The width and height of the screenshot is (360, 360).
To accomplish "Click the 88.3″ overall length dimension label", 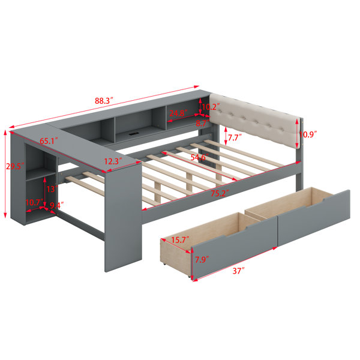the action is tap(104, 101).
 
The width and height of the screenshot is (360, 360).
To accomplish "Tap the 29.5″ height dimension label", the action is tap(15, 166).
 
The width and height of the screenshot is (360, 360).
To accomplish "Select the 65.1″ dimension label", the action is tap(49, 141).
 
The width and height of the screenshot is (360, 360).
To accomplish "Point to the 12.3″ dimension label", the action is tap(113, 161).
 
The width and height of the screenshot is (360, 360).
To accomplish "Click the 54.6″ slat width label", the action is tap(200, 157).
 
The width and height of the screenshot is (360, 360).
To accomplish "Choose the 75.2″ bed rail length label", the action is tap(220, 194).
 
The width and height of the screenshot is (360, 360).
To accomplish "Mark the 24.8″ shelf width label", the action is tap(178, 113).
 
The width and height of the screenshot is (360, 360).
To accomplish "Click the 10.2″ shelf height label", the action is tap(211, 107).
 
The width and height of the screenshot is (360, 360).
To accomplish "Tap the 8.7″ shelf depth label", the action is tap(202, 123).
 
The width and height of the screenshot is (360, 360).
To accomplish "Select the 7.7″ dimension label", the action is tap(235, 137).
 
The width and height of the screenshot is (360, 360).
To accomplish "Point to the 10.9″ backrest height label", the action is tap(308, 134).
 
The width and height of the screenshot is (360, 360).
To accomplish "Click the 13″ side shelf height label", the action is tap(52, 189).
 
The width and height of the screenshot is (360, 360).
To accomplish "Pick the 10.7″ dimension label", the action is tap(34, 203).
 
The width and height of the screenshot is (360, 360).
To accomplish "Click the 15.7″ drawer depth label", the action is tap(180, 240).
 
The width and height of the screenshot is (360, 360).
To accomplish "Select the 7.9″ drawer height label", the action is tap(202, 260).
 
